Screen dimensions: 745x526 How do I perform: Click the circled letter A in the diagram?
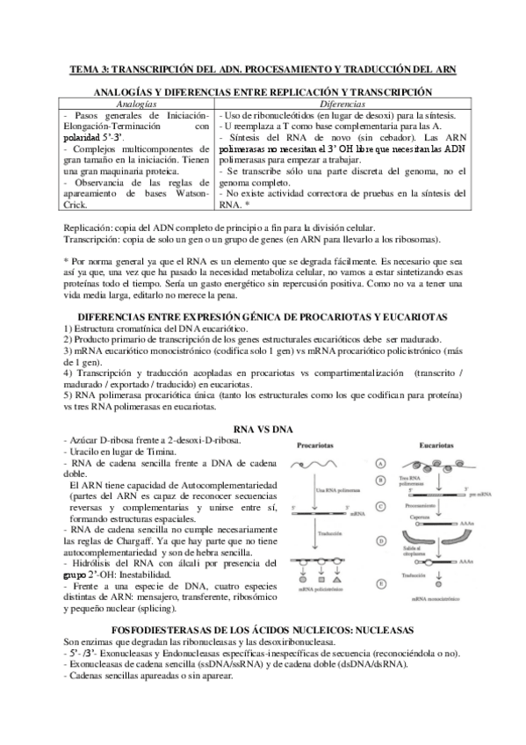[x=380, y=462]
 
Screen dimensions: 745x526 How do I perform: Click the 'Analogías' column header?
[x=138, y=104]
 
